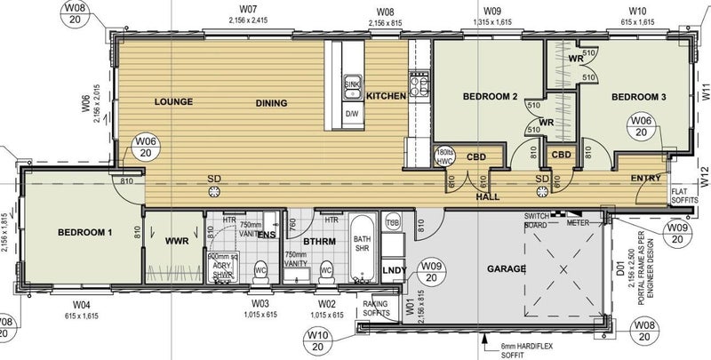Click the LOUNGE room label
173,101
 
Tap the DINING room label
271,103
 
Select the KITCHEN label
386,96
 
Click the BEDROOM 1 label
85,232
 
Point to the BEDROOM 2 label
489,96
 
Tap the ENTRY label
646,179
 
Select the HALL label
488,196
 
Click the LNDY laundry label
393,269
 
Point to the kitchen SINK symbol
351,85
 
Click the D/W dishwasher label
351,113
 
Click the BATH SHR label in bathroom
361,244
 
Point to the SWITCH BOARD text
535,220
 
